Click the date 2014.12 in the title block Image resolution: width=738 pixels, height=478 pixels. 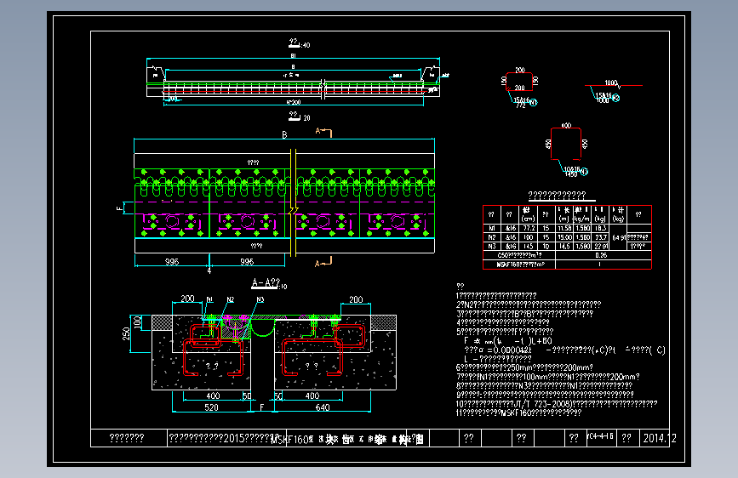661,439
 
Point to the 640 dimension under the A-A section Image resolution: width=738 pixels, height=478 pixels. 323,407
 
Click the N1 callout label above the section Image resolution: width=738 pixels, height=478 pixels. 209,299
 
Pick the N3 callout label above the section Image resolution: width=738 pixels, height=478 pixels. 260,299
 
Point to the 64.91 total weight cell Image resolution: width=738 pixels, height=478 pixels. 619,237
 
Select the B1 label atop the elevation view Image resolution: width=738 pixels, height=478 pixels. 294,54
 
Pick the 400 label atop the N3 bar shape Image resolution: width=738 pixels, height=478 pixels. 566,126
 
